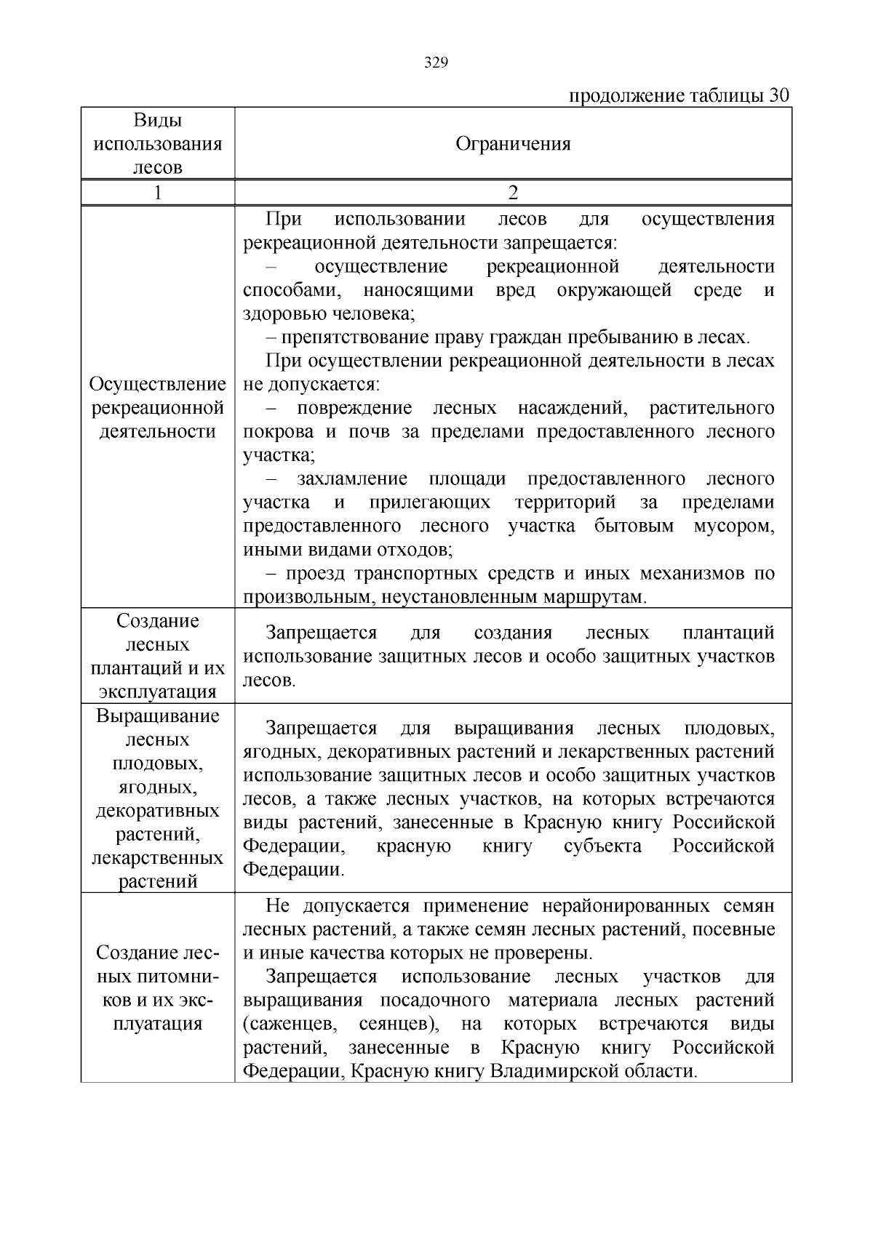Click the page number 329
click(436, 63)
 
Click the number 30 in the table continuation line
click(778, 96)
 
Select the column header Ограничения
click(513, 143)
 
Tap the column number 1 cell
click(157, 193)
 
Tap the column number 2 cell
click(513, 193)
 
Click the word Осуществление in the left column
click(157, 384)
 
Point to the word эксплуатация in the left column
click(157, 692)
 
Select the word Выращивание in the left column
click(157, 716)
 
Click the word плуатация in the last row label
click(157, 1024)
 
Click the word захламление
click(351, 478)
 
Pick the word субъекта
click(602, 846)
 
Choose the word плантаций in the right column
click(728, 633)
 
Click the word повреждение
click(354, 408)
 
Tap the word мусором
click(734, 526)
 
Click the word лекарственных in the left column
click(157, 858)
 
